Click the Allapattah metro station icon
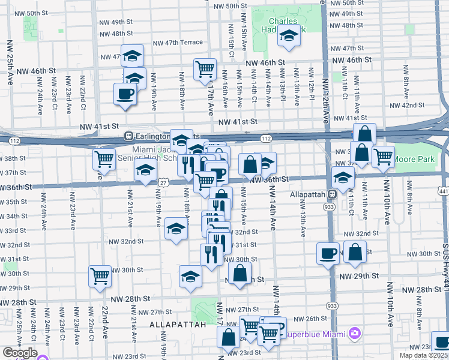click(x=331, y=194)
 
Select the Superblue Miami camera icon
click(x=355, y=333)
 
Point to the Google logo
click(x=19, y=353)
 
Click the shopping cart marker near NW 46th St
click(x=205, y=69)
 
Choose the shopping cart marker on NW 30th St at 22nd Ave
click(x=100, y=276)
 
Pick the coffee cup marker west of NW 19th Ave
click(x=125, y=94)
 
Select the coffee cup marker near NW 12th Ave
click(x=328, y=254)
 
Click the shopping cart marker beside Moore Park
click(x=383, y=157)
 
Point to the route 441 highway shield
click(x=443, y=191)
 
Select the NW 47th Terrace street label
click(x=178, y=43)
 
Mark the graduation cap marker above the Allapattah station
click(x=343, y=178)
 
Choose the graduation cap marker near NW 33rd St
click(x=175, y=229)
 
